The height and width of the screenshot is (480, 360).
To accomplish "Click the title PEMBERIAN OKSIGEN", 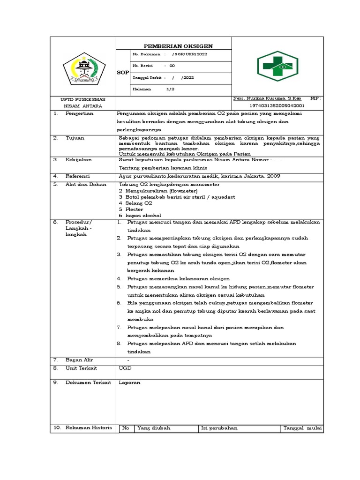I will point(178,46).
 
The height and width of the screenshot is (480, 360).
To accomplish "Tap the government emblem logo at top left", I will point(82,70).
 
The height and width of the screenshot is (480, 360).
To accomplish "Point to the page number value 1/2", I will point(170,88).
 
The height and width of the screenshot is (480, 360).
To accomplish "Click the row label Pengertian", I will point(80,113).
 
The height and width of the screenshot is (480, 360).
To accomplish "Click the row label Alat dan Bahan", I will point(83,184).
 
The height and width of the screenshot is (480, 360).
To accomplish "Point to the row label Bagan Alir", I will point(79,360).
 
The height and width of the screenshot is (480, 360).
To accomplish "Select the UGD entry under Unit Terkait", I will point(125,368).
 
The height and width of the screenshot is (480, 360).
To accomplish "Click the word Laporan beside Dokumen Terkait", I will point(129,382).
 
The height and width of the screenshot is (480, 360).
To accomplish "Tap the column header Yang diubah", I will point(154,428).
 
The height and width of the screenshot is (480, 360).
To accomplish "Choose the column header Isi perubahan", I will point(219,428).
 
